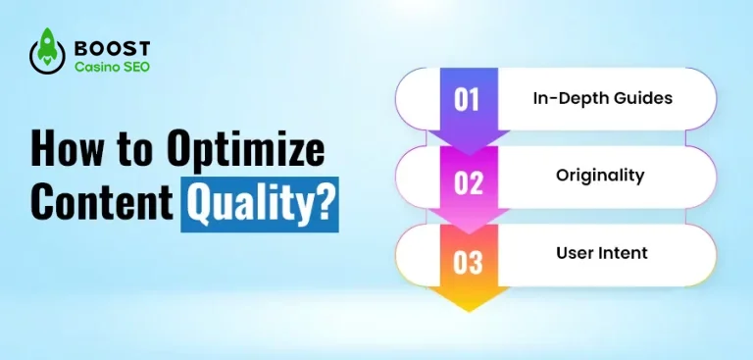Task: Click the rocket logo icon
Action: coord(46,55)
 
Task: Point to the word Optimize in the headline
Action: coord(246,152)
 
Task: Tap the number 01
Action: coord(468,98)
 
